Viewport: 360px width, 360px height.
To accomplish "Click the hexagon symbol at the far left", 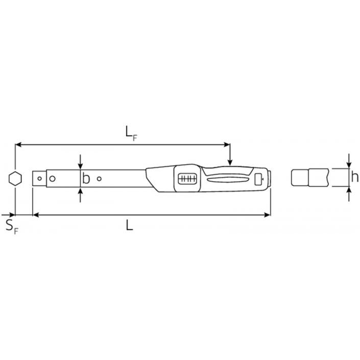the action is click(x=15, y=179).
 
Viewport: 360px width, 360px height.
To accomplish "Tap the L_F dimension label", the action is click(x=131, y=134).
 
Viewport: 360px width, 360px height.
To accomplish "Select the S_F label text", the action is click(x=12, y=227).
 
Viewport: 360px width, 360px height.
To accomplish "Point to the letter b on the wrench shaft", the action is click(x=86, y=178).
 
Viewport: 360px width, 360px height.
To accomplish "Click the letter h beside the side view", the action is click(x=354, y=177).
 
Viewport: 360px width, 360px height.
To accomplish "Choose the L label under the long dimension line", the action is click(x=130, y=225).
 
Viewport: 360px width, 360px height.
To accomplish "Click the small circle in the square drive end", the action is click(x=39, y=178).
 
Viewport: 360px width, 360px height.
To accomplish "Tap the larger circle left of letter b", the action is click(x=53, y=178).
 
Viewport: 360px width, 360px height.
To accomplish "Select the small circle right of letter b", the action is click(x=99, y=178).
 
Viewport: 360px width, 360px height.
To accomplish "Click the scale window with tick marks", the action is click(x=187, y=178).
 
